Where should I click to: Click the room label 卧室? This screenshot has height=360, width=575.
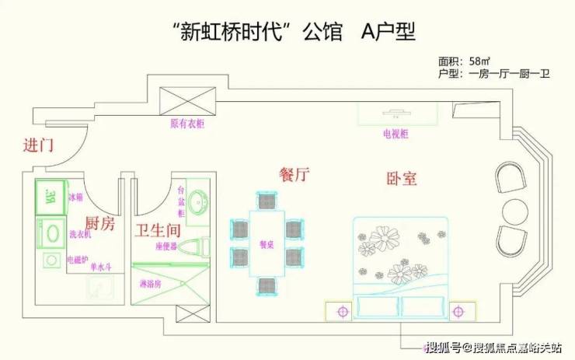coord(402,178)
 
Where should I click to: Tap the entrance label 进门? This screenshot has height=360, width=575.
coord(38,145)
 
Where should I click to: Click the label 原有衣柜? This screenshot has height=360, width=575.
coord(186,123)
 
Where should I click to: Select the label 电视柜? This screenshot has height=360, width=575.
coord(396,134)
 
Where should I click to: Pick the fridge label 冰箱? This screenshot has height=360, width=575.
coord(75,197)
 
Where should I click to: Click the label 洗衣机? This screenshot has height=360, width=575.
coord(80,235)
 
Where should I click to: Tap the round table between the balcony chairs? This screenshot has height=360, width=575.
coord(513,211)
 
